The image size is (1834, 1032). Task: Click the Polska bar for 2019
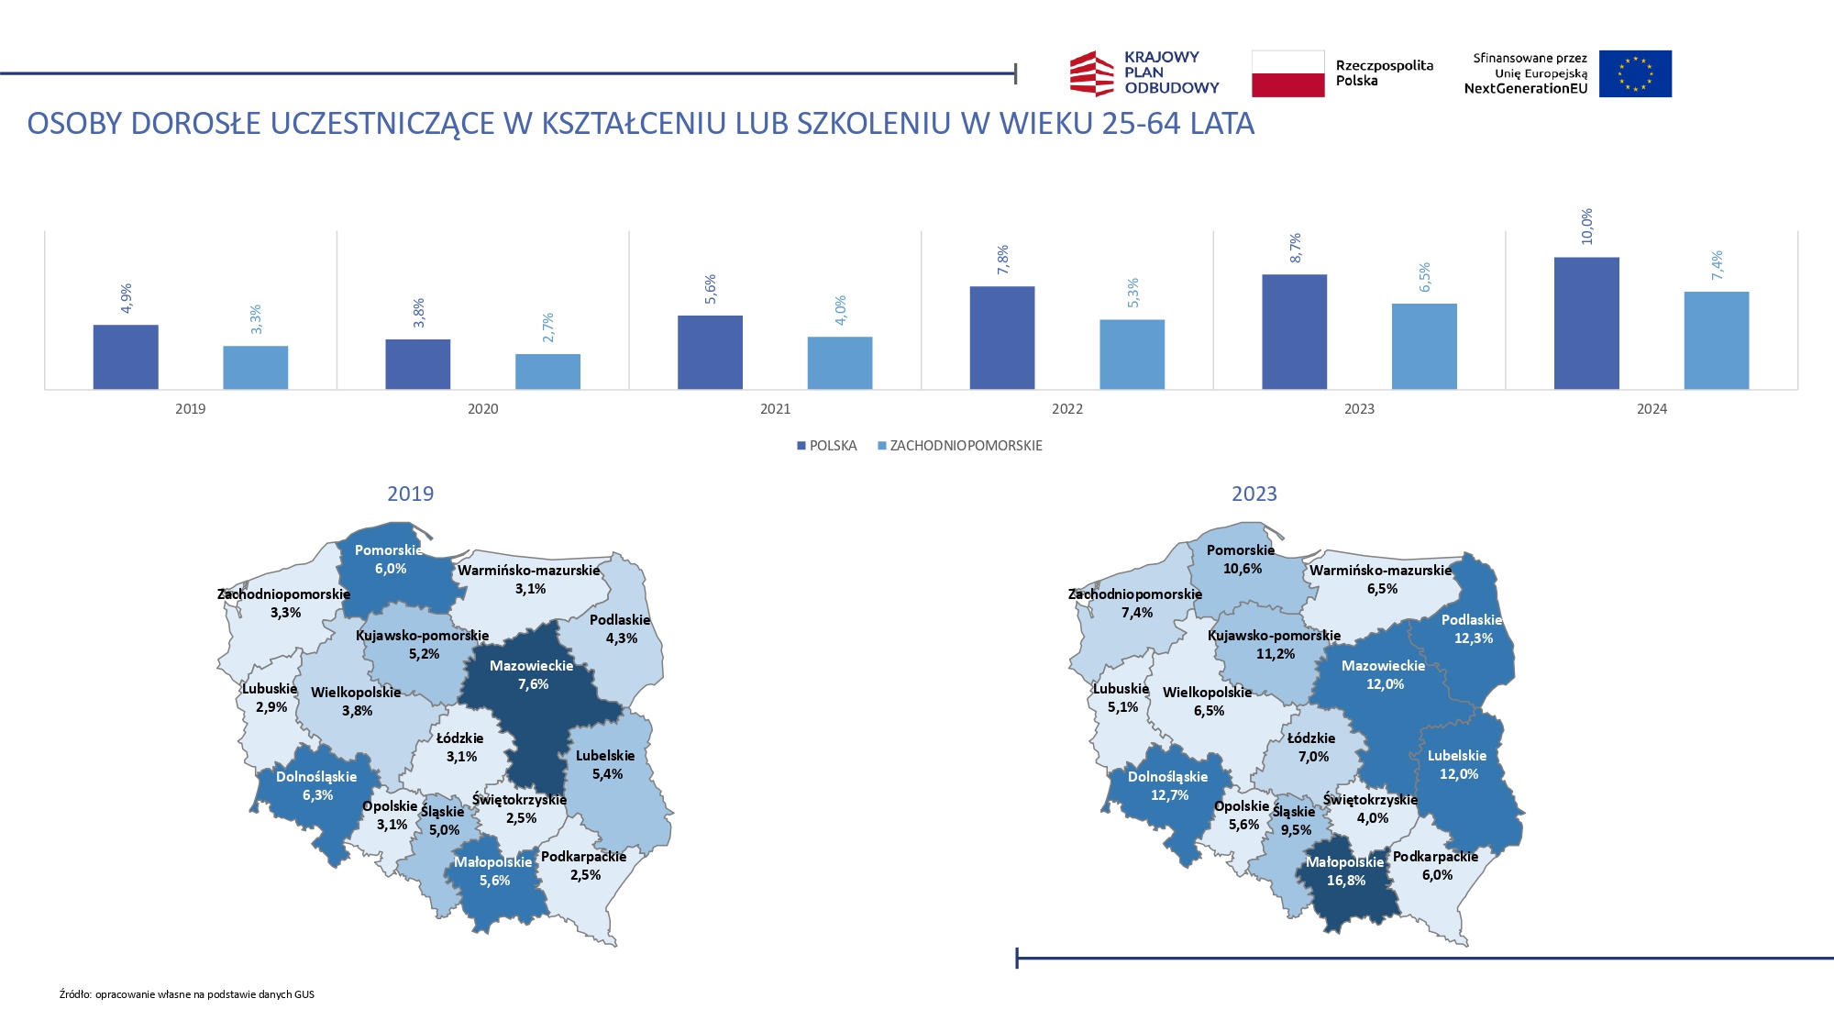(x=126, y=357)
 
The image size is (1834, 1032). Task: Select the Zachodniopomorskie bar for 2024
(x=1716, y=340)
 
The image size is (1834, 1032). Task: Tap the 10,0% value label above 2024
(x=1586, y=227)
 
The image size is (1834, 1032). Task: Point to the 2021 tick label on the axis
(x=775, y=409)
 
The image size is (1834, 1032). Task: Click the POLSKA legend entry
(x=827, y=446)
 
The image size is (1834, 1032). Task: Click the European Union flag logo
(x=1635, y=73)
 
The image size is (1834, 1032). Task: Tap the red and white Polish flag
(x=1287, y=73)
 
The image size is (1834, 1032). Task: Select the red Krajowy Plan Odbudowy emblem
(x=1091, y=73)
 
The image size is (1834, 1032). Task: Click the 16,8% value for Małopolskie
(x=1345, y=881)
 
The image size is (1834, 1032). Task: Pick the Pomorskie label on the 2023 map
(x=1240, y=550)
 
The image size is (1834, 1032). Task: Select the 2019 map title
(x=410, y=494)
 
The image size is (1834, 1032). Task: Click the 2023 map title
(x=1254, y=494)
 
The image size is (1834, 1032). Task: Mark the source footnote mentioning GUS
(x=187, y=994)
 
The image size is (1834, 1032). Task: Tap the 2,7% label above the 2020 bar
(x=547, y=327)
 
